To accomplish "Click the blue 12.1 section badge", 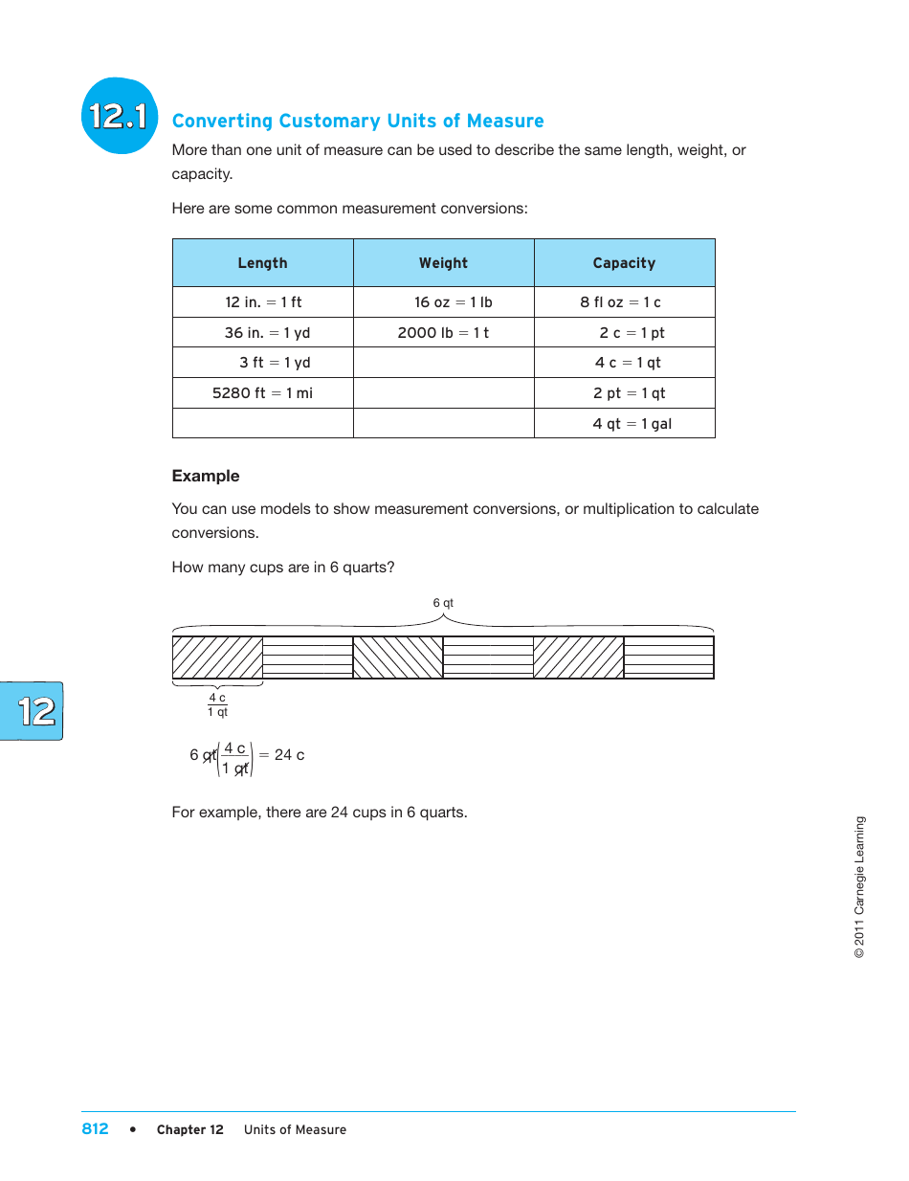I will click(x=119, y=117).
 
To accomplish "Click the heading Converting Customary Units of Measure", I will click(x=358, y=121).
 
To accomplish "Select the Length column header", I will click(x=262, y=263).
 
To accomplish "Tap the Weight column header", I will click(x=443, y=263).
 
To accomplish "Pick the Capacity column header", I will click(x=624, y=263).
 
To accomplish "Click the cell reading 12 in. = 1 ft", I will click(x=263, y=302).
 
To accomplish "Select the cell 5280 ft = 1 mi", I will click(x=262, y=393).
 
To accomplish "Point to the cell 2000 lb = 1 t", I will click(x=443, y=333).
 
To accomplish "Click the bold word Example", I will click(x=206, y=476).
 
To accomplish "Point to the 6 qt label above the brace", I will click(x=443, y=603).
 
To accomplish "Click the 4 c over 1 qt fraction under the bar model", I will click(x=218, y=705).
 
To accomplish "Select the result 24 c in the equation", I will click(x=289, y=755).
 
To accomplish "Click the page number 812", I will click(x=95, y=1129).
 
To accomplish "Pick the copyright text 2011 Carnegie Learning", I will click(x=859, y=887).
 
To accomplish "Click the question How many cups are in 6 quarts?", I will click(x=283, y=568).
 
